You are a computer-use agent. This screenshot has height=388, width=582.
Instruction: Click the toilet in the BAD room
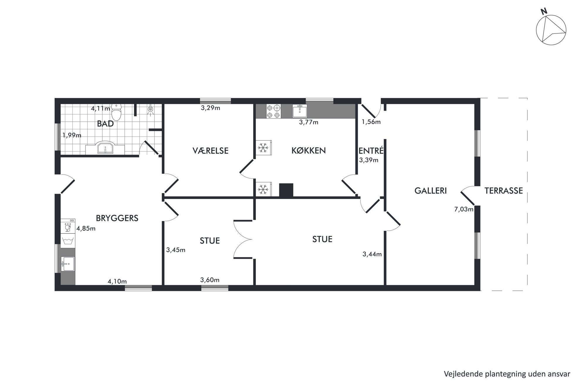tap(116, 112)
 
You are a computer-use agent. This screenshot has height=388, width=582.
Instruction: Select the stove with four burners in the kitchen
tap(273, 111)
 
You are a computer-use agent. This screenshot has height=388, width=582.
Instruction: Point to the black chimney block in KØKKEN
tap(286, 190)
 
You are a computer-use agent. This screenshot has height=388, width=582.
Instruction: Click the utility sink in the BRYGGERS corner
tap(68, 264)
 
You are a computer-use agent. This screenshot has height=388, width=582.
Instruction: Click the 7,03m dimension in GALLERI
tap(463, 209)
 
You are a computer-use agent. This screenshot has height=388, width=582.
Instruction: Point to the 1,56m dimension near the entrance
tap(371, 122)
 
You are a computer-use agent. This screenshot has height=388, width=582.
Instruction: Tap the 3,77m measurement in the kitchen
tap(309, 122)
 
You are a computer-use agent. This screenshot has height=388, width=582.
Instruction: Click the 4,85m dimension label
tap(86, 228)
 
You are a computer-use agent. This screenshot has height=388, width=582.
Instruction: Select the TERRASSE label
tap(503, 191)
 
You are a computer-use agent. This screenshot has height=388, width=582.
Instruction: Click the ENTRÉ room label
tap(371, 151)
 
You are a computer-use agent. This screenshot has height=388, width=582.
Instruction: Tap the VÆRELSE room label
tap(210, 151)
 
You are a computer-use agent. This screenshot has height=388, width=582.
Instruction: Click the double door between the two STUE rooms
tap(243, 239)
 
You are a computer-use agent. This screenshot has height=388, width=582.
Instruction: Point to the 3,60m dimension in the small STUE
tap(210, 280)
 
